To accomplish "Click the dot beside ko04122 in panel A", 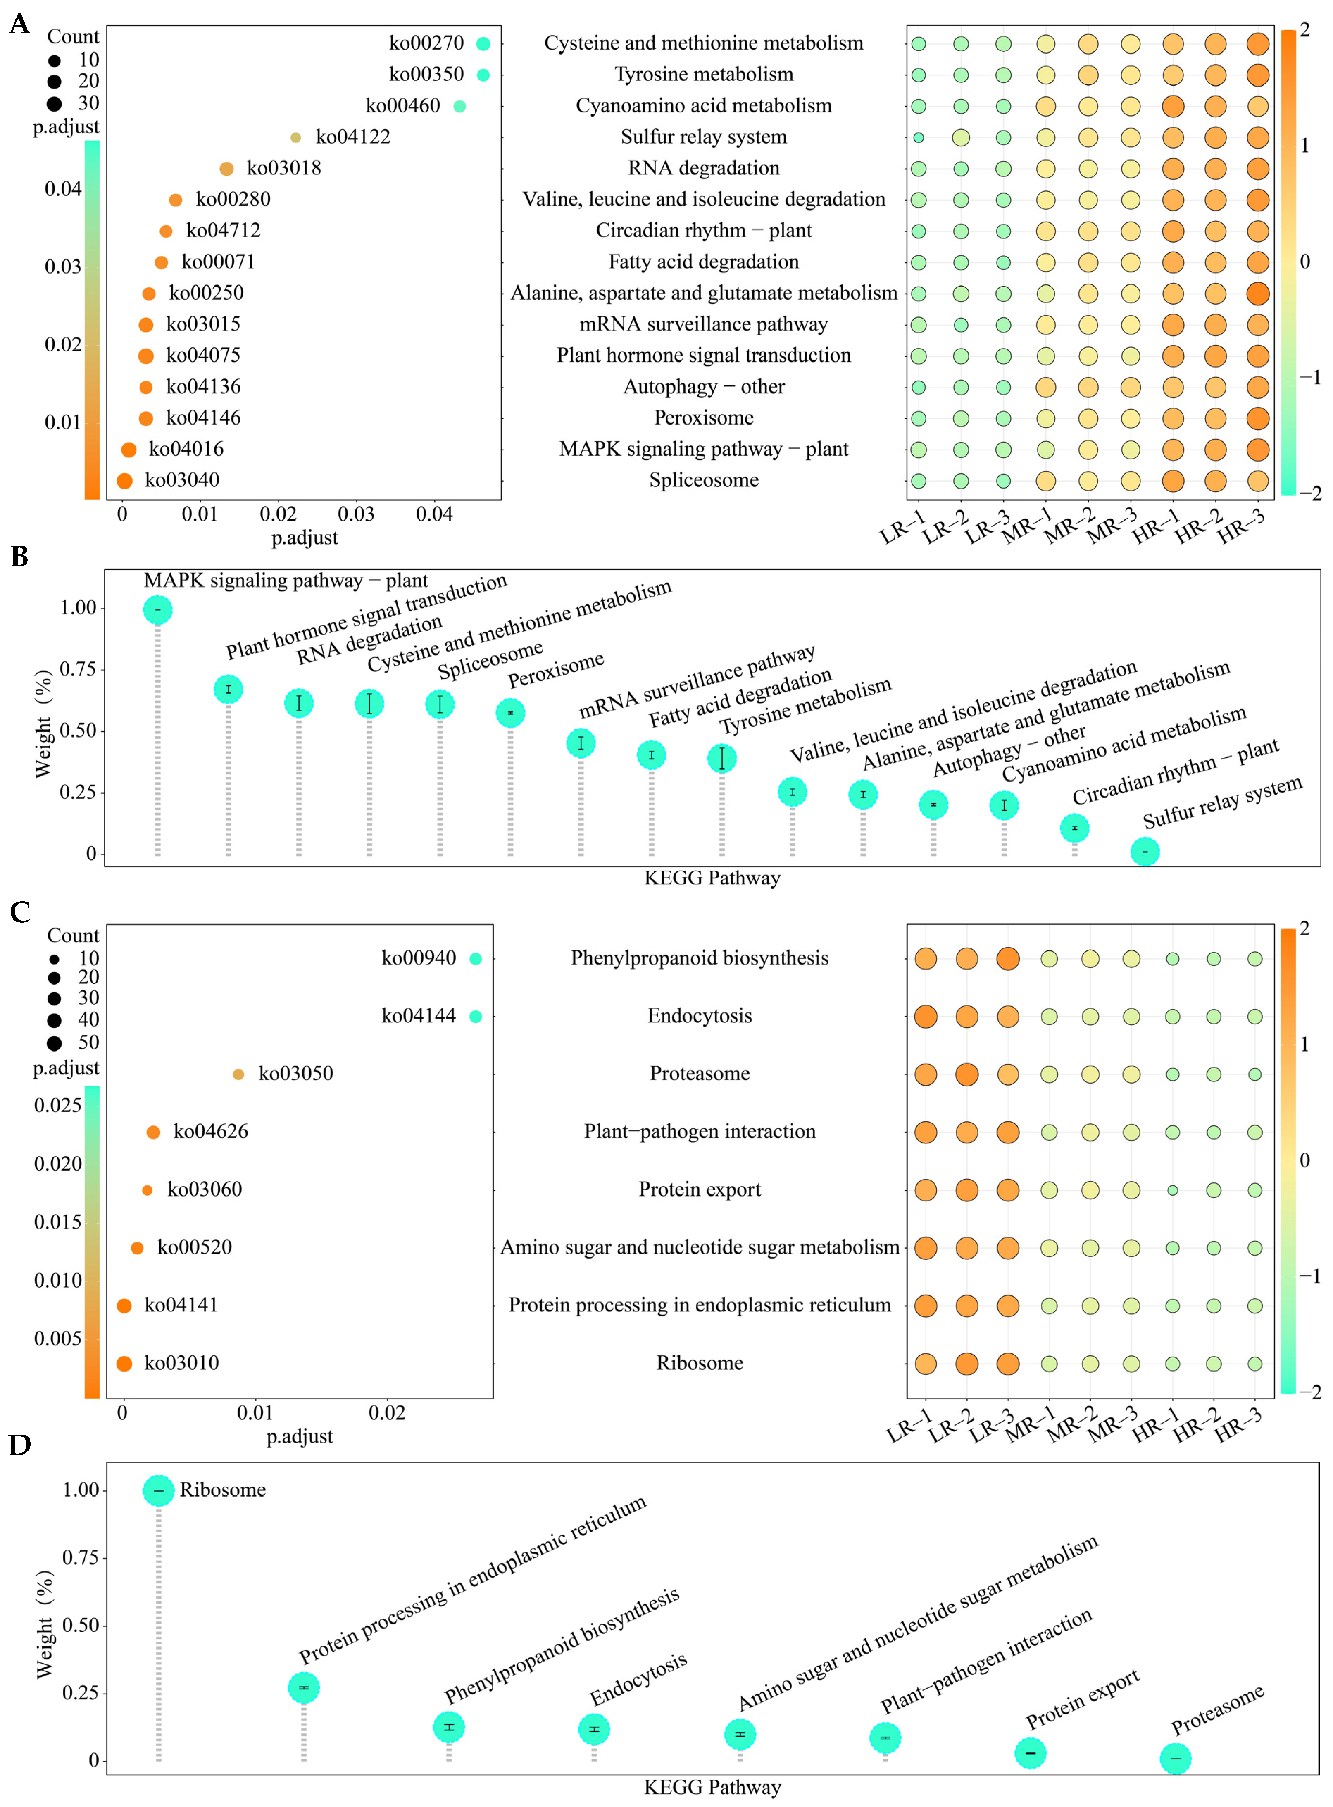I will coord(295,137).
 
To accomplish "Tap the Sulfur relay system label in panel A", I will coord(703,137).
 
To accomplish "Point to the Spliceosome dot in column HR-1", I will coord(1172,481).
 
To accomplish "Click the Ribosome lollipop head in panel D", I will coord(158,1490).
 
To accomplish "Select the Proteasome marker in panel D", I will coord(1175,1759).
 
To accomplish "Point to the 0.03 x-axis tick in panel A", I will coord(356,514).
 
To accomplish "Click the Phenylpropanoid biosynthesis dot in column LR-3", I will coord(1007,958).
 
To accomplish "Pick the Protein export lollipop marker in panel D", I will coord(1030,1753).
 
